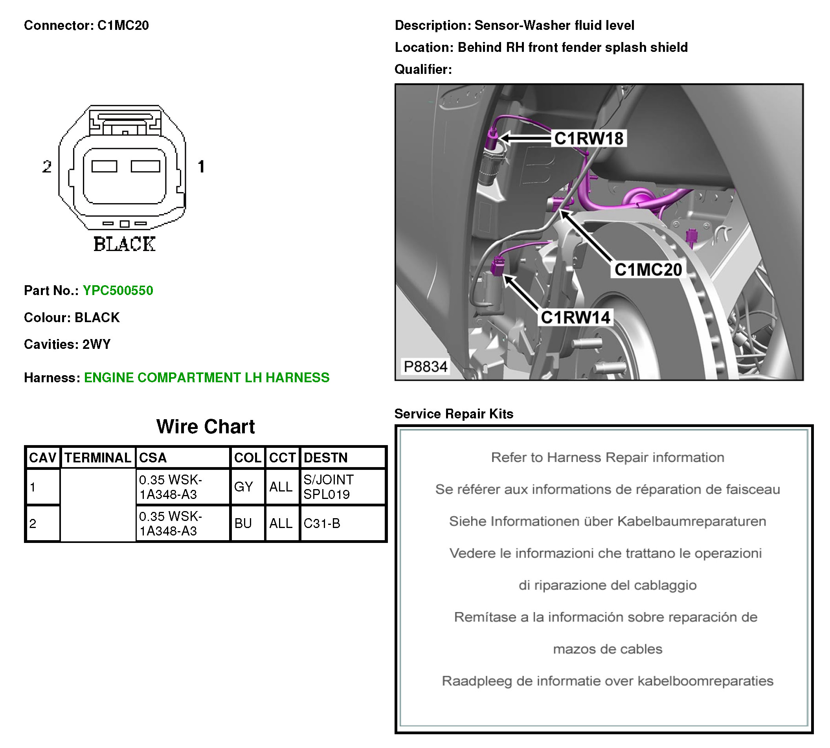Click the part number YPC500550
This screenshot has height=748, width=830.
[118, 290]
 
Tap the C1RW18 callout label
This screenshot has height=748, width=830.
[588, 139]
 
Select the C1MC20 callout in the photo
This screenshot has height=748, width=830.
[648, 269]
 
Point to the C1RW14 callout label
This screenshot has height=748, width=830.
[575, 317]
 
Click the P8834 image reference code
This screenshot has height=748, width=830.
[425, 366]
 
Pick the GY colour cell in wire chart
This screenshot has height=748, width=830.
[243, 487]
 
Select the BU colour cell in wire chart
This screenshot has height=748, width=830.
[243, 523]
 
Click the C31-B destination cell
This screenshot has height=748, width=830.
[321, 523]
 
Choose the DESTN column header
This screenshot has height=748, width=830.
[325, 457]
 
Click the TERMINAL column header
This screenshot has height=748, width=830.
[98, 457]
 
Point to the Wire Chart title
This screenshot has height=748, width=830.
[205, 427]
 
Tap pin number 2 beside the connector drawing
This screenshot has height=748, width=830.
[47, 167]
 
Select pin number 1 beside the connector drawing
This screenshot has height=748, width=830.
[201, 167]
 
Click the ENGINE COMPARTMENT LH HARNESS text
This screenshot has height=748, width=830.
[206, 377]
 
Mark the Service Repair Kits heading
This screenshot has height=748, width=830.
[454, 413]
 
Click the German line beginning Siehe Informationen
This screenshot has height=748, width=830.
[607, 521]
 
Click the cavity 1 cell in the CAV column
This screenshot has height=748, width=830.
[33, 488]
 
